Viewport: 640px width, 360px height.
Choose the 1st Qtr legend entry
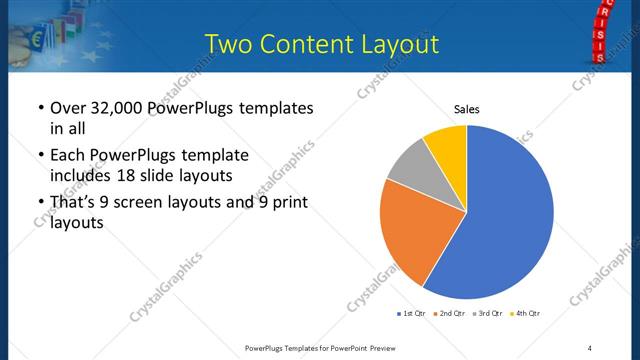[411, 314]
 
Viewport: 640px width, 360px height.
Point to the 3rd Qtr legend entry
[488, 314]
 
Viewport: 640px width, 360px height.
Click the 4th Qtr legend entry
[526, 314]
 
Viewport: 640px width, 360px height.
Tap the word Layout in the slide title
[395, 45]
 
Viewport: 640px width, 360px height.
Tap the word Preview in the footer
[379, 347]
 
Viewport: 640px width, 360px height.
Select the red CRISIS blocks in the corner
[600, 30]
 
